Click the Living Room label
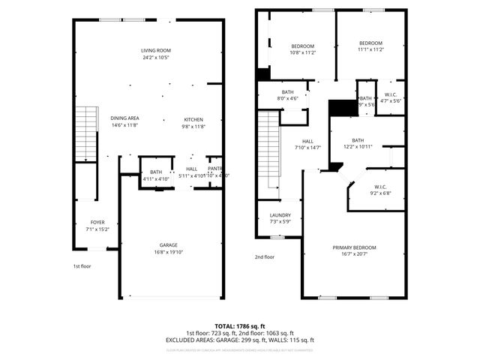click(155, 50)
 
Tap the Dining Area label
click(124, 118)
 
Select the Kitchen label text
click(193, 119)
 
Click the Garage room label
click(168, 244)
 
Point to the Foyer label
click(97, 222)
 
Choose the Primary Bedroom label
click(355, 247)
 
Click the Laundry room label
click(280, 215)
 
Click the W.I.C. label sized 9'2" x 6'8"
click(381, 187)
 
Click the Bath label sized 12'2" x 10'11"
click(358, 140)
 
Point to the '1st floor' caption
click(82, 266)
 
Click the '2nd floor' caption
click(264, 256)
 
